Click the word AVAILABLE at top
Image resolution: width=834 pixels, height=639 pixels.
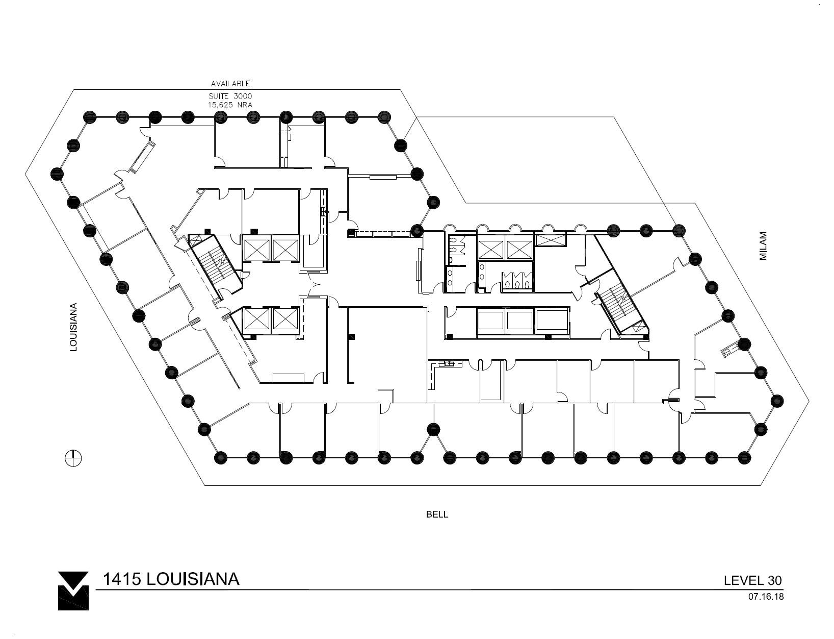coord(230,83)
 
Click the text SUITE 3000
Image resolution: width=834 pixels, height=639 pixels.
coord(230,96)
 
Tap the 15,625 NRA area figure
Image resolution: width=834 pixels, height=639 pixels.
coord(230,105)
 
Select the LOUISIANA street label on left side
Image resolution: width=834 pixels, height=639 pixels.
coord(74,328)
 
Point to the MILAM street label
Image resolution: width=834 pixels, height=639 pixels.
coord(763,247)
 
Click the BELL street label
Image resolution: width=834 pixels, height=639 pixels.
coord(437,514)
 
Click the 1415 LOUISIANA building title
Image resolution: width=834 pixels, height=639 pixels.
coord(171,579)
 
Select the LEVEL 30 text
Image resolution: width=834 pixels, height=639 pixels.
coord(752,580)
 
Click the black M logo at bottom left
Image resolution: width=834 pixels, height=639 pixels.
coord(73,590)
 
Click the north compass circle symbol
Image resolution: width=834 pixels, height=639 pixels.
coord(73,458)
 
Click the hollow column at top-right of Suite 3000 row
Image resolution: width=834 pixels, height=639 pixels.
coord(383,117)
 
